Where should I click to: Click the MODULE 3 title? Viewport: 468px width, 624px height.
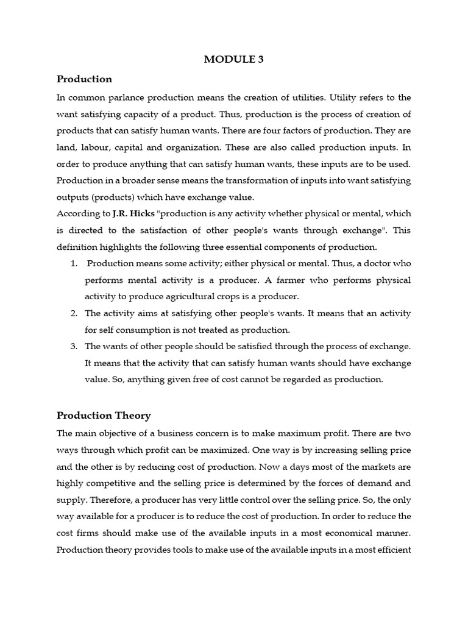234,59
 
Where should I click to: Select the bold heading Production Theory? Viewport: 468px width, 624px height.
104,416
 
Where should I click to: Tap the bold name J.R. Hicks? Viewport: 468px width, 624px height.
133,214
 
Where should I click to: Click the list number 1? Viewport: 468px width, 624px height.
73,264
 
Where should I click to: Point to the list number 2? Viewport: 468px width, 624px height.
73,313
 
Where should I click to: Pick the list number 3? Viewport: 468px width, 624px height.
73,346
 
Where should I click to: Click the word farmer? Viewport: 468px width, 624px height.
317,280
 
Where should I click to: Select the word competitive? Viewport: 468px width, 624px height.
116,483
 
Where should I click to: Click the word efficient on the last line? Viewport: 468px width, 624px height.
392,548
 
